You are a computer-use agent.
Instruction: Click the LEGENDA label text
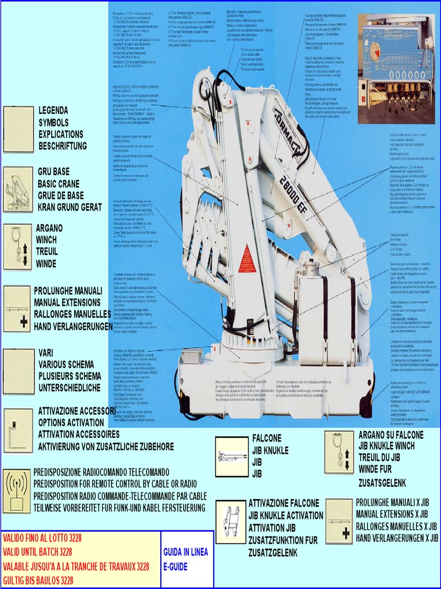click(53, 110)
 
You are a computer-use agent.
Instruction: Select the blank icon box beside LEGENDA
click(18, 129)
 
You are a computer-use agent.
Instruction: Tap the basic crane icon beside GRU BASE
click(18, 189)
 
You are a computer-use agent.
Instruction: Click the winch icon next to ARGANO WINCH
click(18, 247)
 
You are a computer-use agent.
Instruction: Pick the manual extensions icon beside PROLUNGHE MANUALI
click(16, 309)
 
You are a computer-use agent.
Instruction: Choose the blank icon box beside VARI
click(18, 371)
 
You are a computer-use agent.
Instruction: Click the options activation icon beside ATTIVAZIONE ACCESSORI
click(18, 430)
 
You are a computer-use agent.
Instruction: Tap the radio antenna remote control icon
click(17, 491)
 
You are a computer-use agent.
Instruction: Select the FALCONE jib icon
click(231, 457)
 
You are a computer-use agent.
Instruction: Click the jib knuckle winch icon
click(339, 453)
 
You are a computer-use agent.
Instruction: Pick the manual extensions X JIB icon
click(339, 521)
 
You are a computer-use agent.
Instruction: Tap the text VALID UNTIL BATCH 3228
click(38, 552)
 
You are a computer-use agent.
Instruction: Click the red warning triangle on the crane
click(247, 255)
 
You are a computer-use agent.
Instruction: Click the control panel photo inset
click(396, 68)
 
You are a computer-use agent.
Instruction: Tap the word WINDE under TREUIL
click(47, 264)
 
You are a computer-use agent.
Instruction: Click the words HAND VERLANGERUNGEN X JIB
click(397, 538)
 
